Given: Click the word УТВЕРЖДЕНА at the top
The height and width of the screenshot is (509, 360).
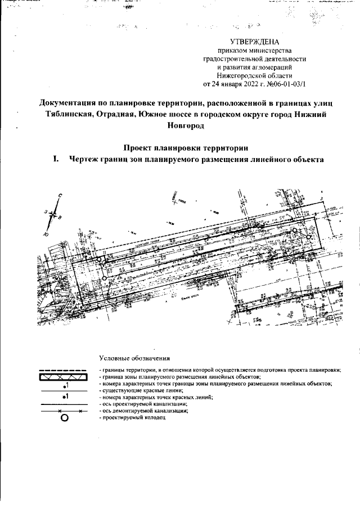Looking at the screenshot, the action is coord(254,43).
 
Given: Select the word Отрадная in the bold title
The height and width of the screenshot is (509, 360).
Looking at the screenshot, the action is coord(132,115).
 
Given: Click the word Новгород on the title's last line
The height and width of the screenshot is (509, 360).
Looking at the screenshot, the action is coord(179,126).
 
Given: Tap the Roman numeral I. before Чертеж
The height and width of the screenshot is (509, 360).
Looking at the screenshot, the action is coord(56,159).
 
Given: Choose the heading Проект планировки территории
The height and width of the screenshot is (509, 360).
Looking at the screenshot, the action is coord(179,148).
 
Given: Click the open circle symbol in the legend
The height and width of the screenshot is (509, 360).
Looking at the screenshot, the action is coord(64,418).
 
